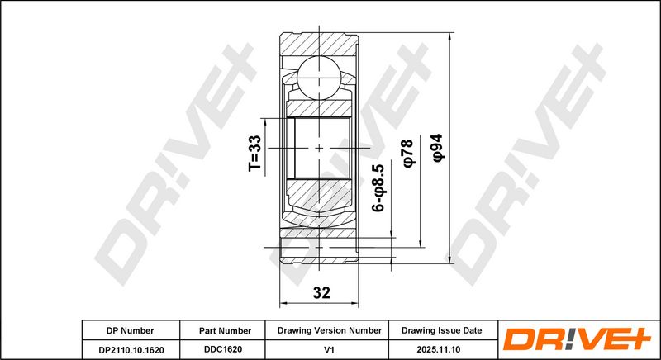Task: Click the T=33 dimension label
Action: point(255,153)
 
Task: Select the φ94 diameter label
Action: point(438,148)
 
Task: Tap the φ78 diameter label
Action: point(408,154)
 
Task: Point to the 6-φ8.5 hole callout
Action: point(378,187)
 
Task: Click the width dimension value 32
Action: point(321,292)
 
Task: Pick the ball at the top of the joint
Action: point(319,78)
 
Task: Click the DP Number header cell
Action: point(130,330)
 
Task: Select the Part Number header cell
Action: point(225,331)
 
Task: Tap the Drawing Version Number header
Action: point(329,330)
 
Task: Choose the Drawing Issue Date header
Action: point(441,330)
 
